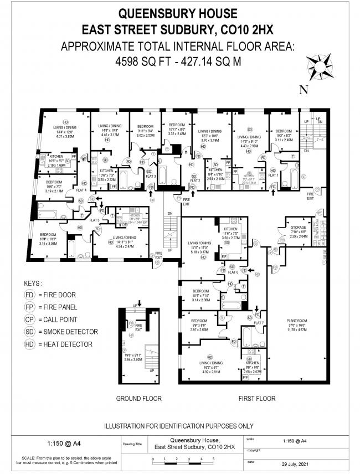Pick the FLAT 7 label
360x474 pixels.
[259, 322]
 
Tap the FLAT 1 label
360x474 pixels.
[272, 175]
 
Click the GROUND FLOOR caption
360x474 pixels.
[138, 398]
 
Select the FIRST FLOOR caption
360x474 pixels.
[256, 398]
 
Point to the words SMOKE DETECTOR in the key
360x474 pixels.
[70, 332]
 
